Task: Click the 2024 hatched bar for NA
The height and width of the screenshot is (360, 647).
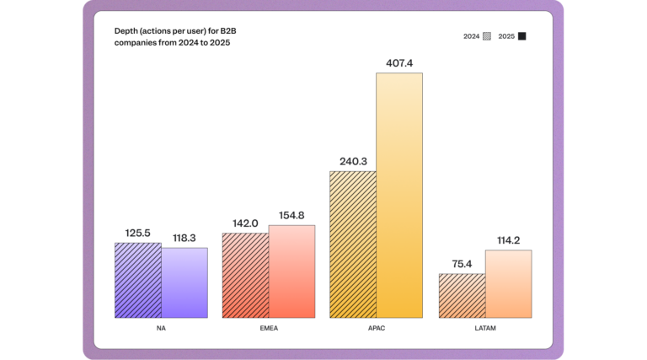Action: (138, 280)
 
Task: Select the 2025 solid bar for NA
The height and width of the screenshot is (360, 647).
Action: (184, 282)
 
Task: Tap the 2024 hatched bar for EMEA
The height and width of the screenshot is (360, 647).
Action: (245, 275)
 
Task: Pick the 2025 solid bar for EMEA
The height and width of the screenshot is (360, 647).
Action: (291, 271)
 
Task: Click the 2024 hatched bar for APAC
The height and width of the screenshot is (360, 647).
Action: (353, 244)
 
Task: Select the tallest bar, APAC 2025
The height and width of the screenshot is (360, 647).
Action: (399, 195)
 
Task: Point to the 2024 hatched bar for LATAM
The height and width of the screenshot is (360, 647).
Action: (462, 295)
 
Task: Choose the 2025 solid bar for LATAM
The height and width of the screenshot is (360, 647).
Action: (508, 283)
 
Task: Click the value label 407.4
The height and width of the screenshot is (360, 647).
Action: (399, 62)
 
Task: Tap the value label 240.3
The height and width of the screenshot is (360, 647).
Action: (353, 161)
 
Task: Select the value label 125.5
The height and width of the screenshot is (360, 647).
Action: (138, 232)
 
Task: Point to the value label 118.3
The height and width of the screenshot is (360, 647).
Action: (184, 238)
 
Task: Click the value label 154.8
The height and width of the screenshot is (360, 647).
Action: (291, 215)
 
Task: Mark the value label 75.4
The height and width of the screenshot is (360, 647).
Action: (462, 263)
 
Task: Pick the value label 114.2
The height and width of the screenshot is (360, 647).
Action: (508, 240)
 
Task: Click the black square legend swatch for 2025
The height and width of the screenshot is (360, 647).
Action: (522, 36)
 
